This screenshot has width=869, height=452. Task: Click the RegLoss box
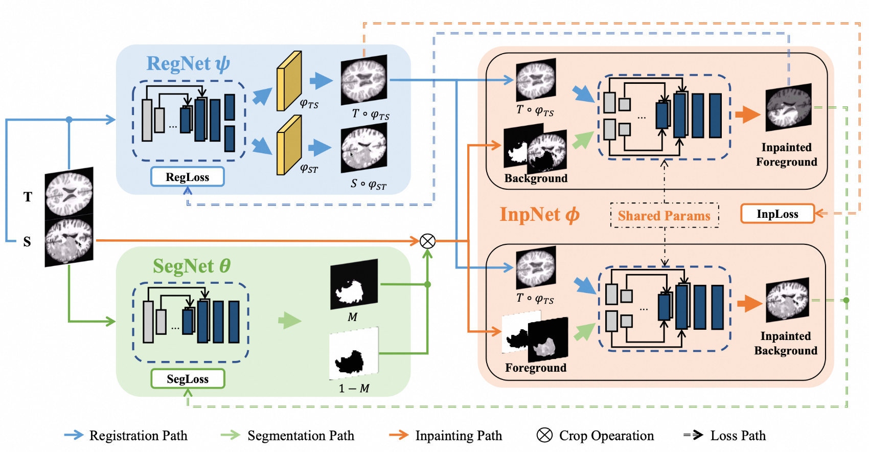187,177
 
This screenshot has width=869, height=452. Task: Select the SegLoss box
188,379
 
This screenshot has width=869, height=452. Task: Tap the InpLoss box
777,214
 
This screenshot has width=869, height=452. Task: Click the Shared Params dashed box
664,216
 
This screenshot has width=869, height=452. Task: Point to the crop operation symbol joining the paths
427,241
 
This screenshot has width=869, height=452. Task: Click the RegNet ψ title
188,64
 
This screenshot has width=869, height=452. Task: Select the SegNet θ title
192,266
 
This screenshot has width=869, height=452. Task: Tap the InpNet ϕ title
539,215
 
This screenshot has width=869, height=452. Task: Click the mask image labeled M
354,284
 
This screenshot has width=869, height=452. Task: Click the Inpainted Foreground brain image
788,108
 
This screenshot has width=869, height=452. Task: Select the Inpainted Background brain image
787,300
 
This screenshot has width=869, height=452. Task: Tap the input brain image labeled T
69,191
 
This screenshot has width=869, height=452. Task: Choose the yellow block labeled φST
289,145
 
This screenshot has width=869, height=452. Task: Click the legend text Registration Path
138,436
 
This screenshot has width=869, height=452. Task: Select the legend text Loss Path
738,436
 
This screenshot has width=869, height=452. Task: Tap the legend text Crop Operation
606,436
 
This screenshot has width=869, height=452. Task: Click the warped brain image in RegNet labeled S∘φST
364,150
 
